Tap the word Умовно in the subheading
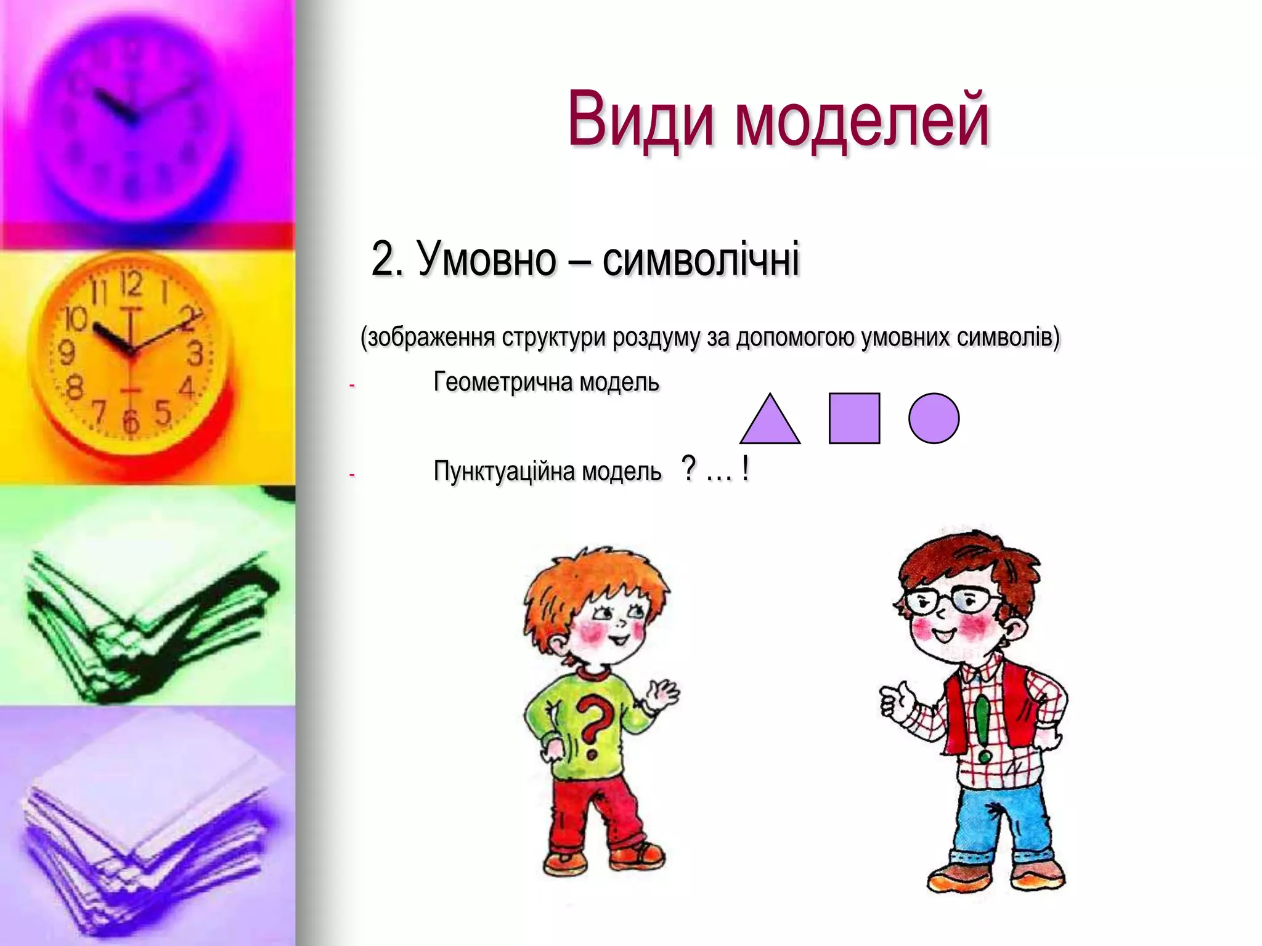click(487, 259)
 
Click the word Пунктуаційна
click(505, 472)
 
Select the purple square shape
click(854, 419)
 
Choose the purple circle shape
click(934, 419)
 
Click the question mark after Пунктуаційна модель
click(689, 469)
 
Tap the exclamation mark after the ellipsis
click(746, 469)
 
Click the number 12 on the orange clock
click(131, 285)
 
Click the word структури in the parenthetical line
click(554, 338)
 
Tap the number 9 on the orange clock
click(66, 353)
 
